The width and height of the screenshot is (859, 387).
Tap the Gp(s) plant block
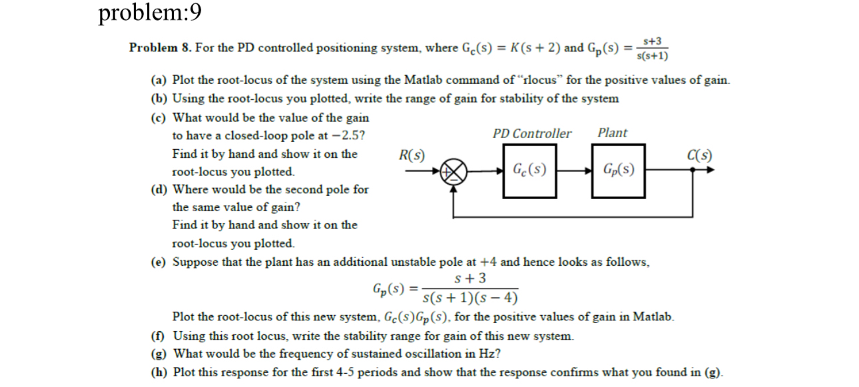[618, 170]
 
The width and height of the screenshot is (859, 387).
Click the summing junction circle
[455, 171]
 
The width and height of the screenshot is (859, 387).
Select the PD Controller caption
[531, 133]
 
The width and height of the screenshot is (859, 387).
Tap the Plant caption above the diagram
[612, 133]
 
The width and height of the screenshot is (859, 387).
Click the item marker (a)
[158, 81]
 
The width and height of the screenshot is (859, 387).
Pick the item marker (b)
[158, 99]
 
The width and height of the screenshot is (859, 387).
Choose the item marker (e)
[158, 262]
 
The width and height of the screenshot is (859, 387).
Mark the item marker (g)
[158, 354]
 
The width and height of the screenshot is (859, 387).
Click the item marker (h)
[158, 372]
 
